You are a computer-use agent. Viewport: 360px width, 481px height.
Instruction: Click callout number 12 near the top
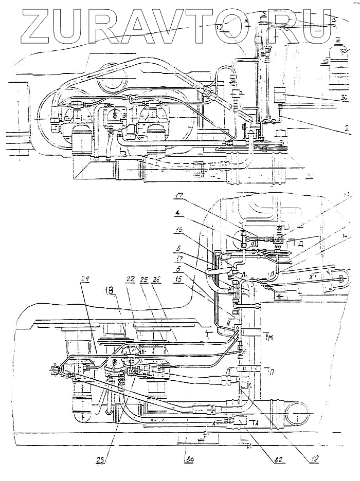(x=220, y=28)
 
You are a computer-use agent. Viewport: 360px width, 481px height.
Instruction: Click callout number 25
(x=144, y=280)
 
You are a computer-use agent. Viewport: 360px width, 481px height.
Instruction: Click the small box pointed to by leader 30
(x=281, y=96)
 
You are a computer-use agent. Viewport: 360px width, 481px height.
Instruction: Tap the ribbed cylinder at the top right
(x=339, y=67)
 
